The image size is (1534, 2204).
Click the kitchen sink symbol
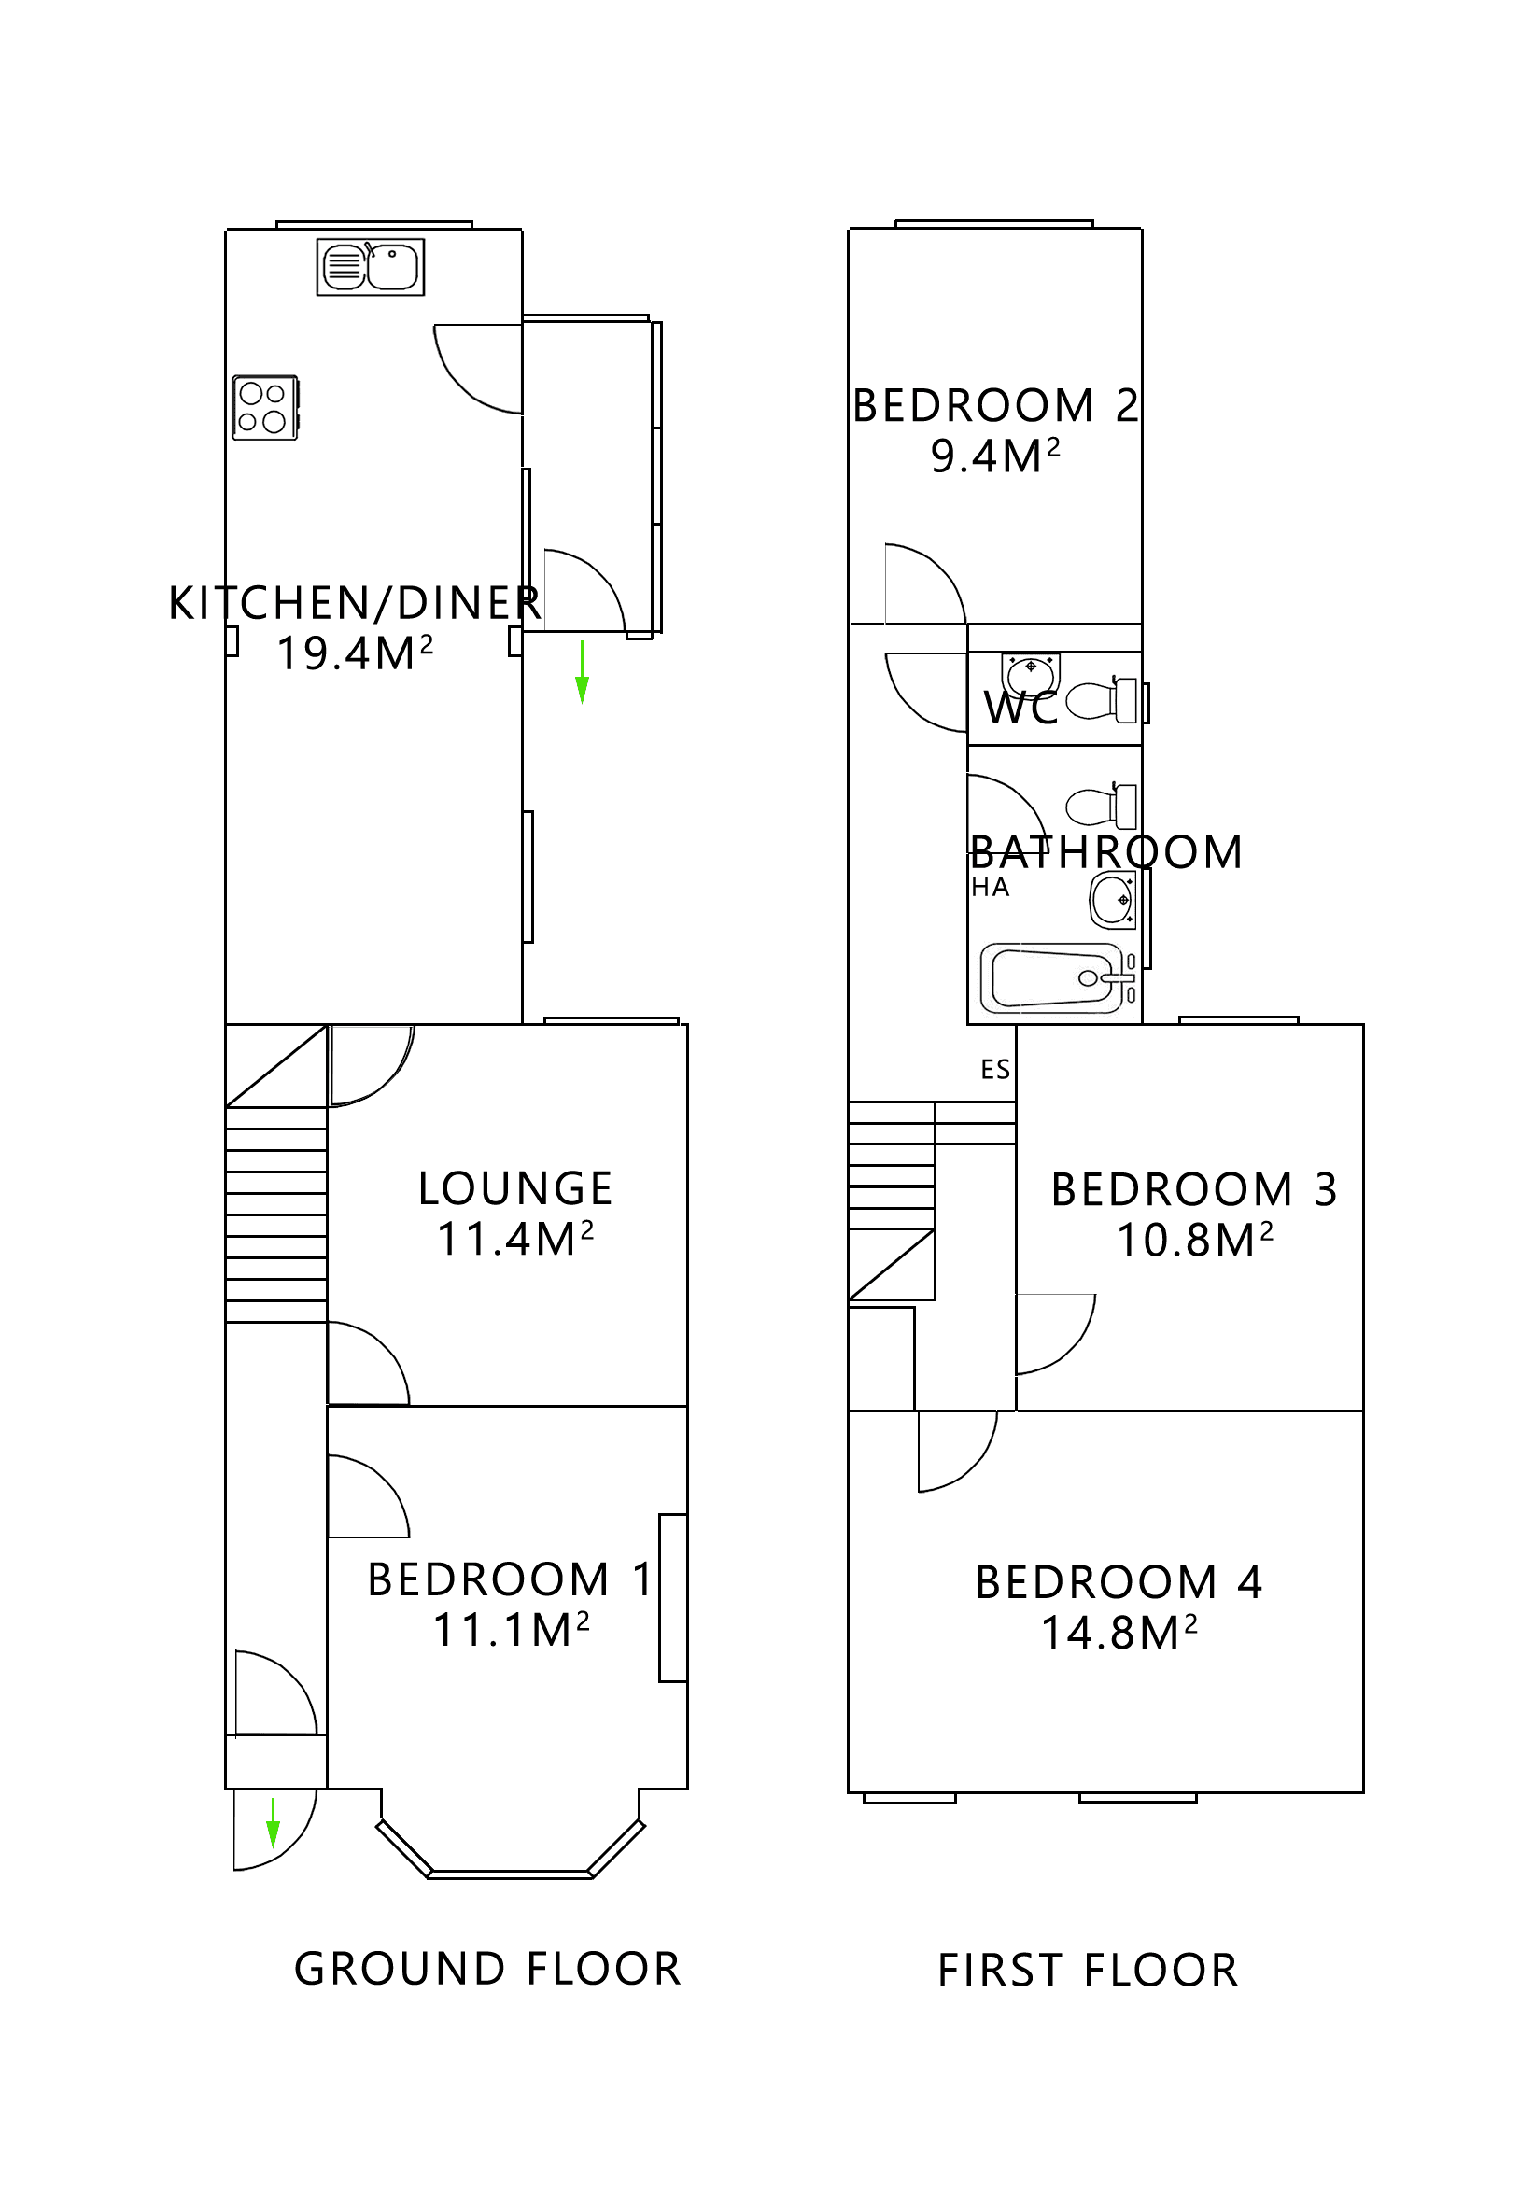[x=370, y=266]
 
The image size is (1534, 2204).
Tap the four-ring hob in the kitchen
[x=265, y=407]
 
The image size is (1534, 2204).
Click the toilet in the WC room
[x=1101, y=701]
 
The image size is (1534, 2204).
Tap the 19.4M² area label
[x=354, y=653]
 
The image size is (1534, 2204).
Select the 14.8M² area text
[x=1119, y=1633]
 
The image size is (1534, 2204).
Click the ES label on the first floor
[x=994, y=1070]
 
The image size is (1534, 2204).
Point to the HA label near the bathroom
[x=990, y=887]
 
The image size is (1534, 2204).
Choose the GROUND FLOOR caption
[x=486, y=1969]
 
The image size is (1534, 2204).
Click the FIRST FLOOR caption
[x=1088, y=1971]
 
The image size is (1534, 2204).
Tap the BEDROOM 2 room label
[x=994, y=405]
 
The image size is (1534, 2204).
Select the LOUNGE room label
[x=514, y=1188]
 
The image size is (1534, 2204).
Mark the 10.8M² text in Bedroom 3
[x=1194, y=1241]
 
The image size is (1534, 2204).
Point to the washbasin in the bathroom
[x=1113, y=900]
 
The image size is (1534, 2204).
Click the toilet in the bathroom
[x=1101, y=806]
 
